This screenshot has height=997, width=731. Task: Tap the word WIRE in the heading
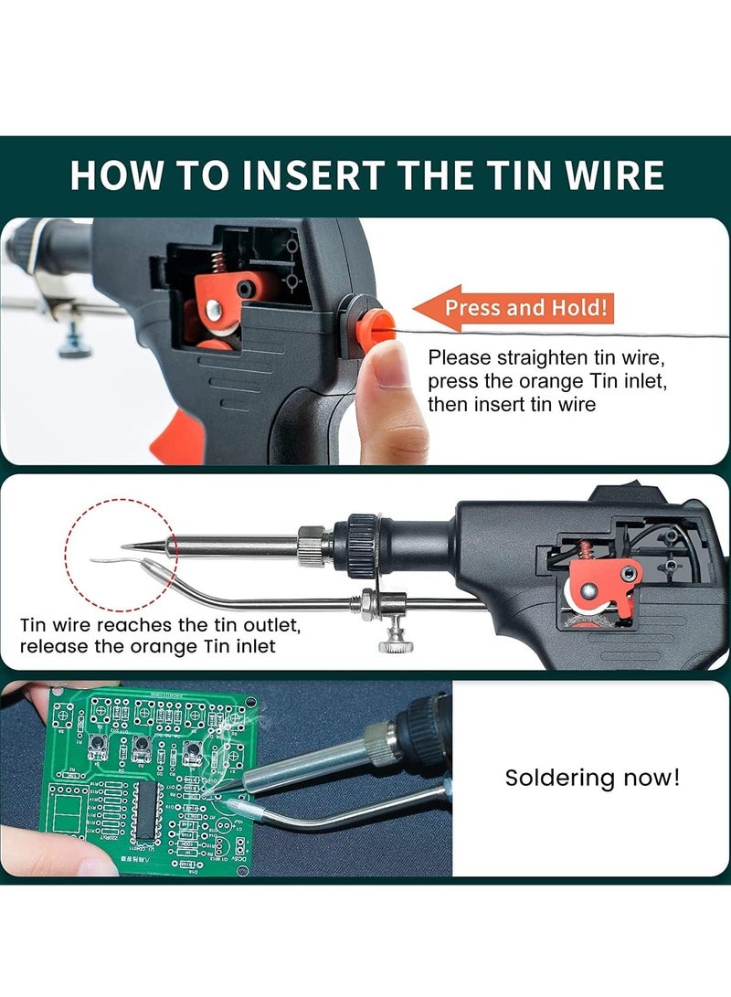604,175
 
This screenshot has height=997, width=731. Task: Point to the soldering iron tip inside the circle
137,547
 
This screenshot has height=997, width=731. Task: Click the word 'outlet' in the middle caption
269,627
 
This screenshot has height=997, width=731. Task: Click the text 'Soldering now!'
592,779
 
